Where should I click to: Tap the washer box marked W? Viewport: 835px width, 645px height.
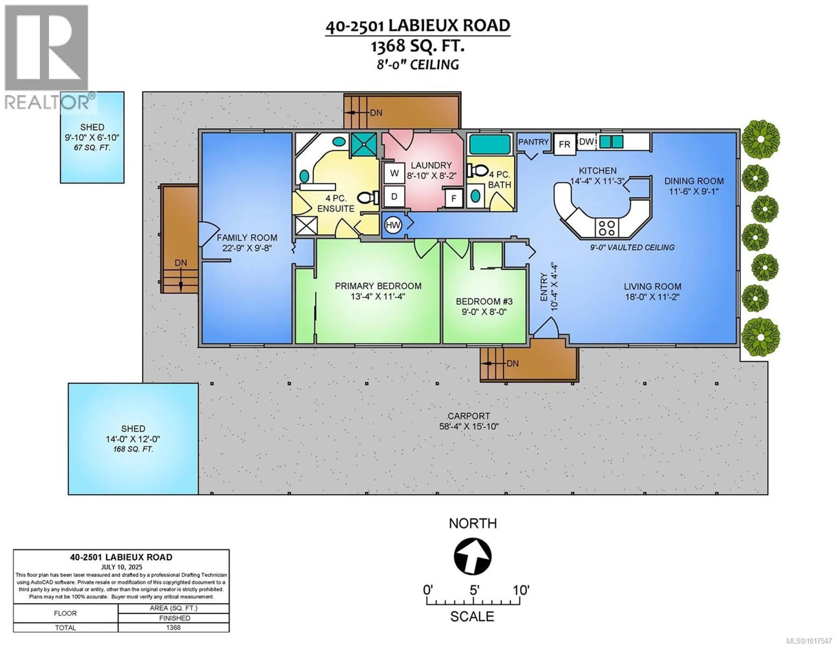click(x=394, y=173)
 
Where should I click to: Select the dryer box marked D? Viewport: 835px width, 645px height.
click(x=394, y=197)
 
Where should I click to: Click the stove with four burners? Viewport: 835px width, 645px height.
click(x=607, y=228)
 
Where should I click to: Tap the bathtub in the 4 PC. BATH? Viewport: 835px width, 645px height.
click(x=490, y=144)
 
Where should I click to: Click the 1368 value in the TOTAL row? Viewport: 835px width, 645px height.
click(x=173, y=627)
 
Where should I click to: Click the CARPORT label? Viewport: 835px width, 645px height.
click(x=469, y=416)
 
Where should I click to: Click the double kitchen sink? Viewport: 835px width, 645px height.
click(x=611, y=142)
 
